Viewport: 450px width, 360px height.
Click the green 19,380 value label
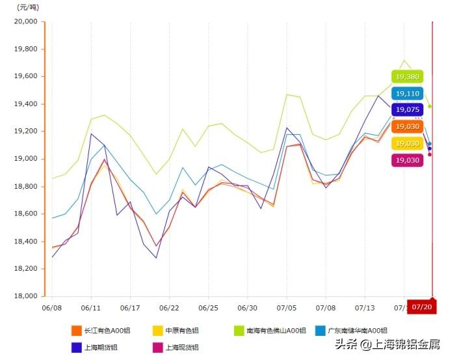tap(407, 77)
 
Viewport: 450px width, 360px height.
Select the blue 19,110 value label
tap(407, 94)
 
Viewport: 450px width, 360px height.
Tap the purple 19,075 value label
tap(407, 109)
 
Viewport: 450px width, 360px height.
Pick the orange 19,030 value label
tap(407, 126)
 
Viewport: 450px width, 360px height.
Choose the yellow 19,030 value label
tap(407, 143)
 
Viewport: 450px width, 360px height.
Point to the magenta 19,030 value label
tap(407, 160)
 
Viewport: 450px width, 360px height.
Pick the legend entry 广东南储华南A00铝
tap(351, 331)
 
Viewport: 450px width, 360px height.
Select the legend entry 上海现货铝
tap(177, 348)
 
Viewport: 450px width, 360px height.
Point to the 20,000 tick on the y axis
tap(26, 21)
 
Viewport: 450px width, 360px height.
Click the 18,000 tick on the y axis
tap(26, 296)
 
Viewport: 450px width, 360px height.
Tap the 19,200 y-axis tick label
tap(26, 132)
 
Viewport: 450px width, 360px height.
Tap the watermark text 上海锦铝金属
tap(403, 344)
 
